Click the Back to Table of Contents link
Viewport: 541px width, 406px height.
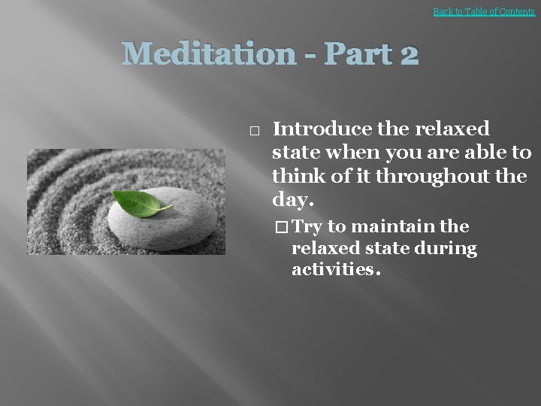[x=484, y=11]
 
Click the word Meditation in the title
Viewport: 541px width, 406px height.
[x=209, y=54]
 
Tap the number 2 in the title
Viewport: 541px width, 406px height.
[x=409, y=54]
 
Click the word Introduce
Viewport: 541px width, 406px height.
[x=322, y=129]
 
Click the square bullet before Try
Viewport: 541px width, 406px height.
[x=281, y=227]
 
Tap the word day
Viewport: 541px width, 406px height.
[x=292, y=200]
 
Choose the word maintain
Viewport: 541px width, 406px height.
[x=386, y=227]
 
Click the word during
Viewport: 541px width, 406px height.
[x=448, y=248]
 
